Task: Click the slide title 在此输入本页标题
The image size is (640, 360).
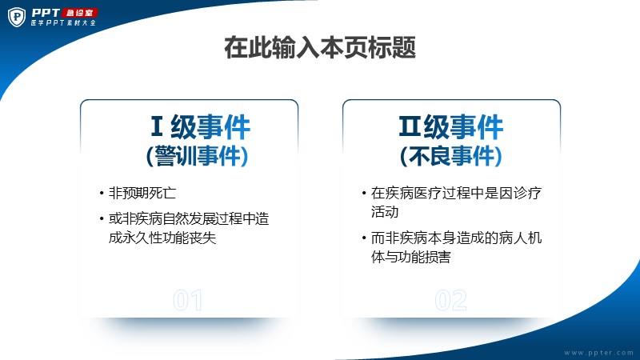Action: (x=320, y=48)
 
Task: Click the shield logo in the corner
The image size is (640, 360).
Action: (x=17, y=17)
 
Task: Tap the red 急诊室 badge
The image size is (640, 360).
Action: (x=80, y=13)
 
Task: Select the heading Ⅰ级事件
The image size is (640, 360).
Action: (x=200, y=127)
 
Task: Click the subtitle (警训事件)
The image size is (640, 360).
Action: (x=197, y=156)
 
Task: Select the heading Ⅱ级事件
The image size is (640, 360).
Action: (x=451, y=127)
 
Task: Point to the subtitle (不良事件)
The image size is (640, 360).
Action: (x=451, y=156)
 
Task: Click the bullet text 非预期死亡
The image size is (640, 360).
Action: (x=142, y=193)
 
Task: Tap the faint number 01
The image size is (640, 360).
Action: (x=187, y=301)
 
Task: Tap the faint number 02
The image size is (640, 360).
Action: (x=451, y=301)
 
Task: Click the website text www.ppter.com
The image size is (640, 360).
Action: (x=598, y=353)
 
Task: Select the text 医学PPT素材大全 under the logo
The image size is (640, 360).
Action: (x=63, y=23)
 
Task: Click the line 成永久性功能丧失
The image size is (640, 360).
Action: (x=162, y=238)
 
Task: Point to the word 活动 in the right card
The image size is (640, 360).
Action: (x=385, y=212)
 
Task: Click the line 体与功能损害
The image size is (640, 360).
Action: (x=410, y=257)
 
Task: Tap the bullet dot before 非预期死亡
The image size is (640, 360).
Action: (x=102, y=193)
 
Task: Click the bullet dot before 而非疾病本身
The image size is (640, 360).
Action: (x=364, y=238)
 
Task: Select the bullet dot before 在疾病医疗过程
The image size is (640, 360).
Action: (x=364, y=193)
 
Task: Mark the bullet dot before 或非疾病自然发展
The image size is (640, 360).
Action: (x=102, y=218)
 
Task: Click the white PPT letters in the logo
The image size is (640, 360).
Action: (x=46, y=13)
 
